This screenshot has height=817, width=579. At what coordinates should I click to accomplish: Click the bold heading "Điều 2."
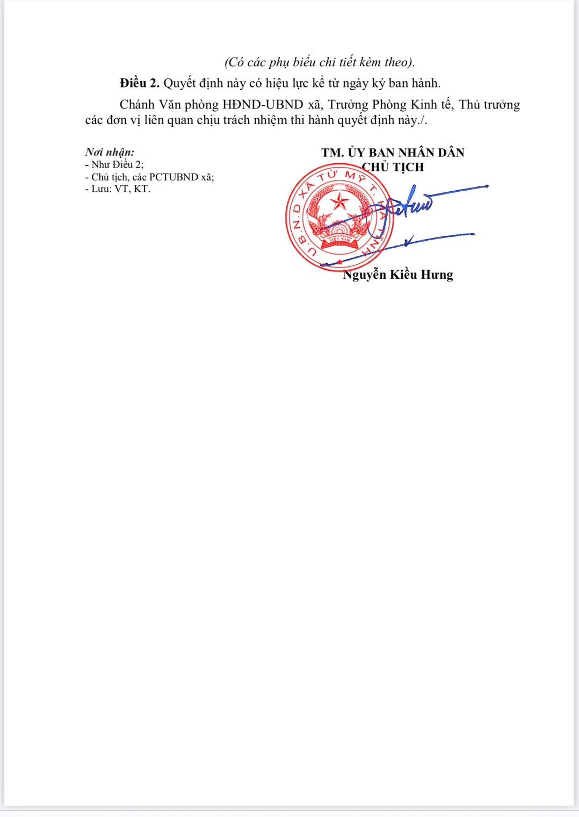(140, 83)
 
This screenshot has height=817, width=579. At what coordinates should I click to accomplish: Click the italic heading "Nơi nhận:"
(110, 152)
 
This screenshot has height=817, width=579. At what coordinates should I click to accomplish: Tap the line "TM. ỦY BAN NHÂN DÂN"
(393, 153)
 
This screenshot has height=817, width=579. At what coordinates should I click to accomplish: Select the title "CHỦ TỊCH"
(393, 167)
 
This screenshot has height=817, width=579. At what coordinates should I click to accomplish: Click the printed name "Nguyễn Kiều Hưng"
(398, 274)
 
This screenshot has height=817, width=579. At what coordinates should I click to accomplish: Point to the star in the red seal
(339, 203)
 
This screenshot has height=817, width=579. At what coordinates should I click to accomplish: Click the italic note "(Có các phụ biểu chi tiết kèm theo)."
(319, 62)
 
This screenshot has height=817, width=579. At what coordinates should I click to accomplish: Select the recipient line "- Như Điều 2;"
(114, 164)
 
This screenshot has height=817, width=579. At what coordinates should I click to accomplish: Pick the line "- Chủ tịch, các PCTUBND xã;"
(149, 177)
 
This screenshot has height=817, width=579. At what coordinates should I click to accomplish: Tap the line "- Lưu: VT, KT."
(118, 189)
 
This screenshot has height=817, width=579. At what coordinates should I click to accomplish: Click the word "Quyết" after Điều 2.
(179, 83)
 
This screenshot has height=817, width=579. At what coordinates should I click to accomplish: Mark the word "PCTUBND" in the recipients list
(173, 177)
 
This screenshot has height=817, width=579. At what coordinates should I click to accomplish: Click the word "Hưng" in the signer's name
(437, 274)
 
